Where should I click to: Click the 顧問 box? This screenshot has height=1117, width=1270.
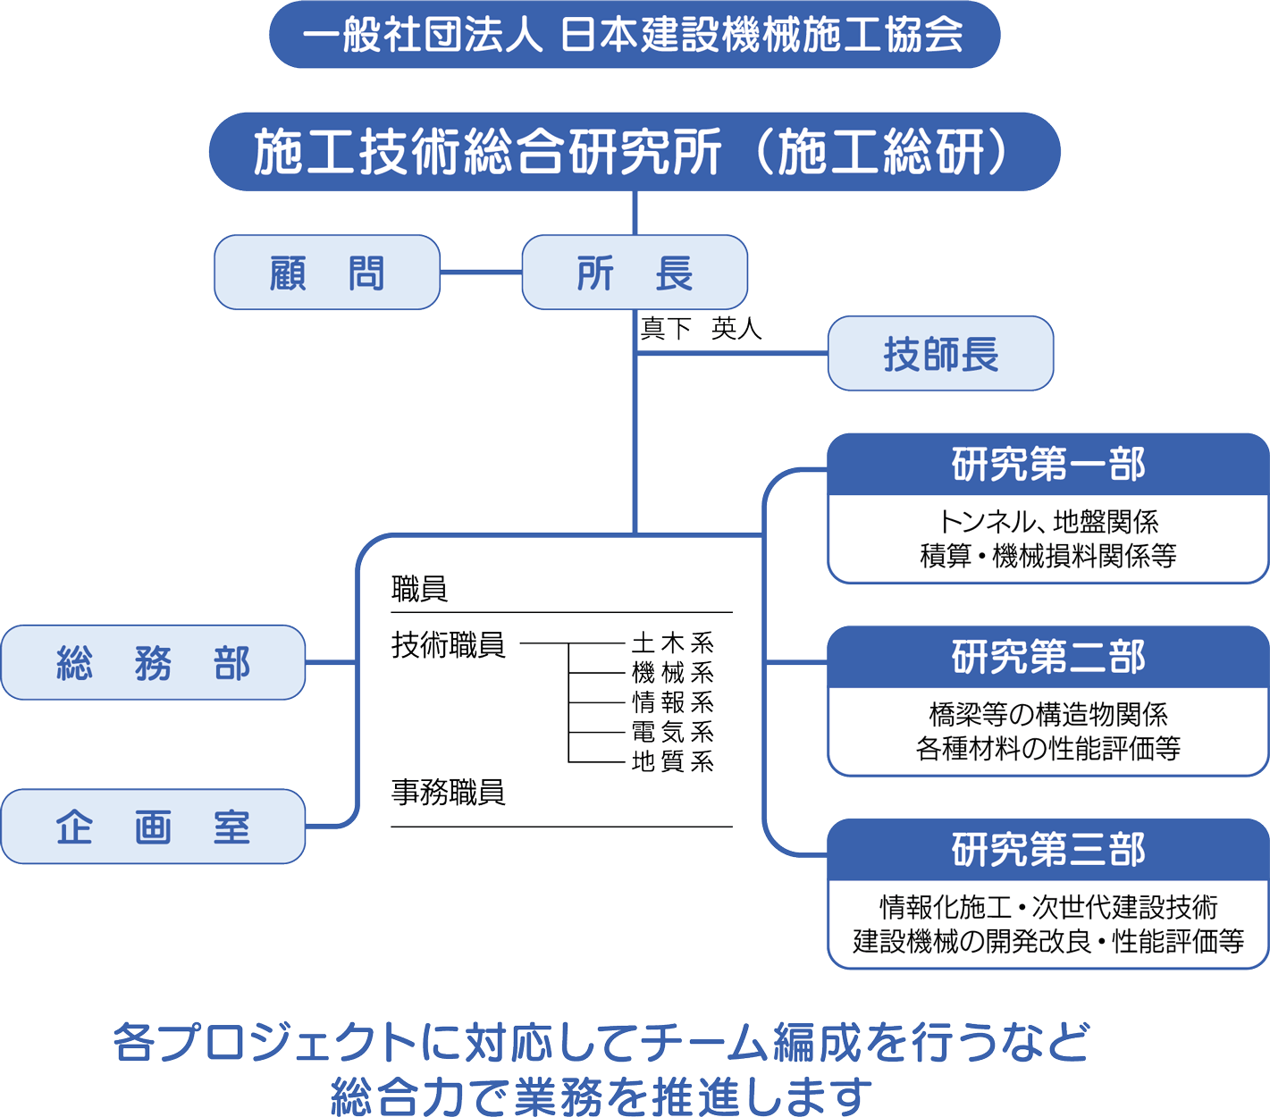[327, 273]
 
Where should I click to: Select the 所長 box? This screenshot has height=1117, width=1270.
[635, 273]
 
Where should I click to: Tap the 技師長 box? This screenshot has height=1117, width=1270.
[940, 354]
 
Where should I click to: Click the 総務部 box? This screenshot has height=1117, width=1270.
[153, 663]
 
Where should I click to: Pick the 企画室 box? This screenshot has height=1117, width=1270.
[153, 827]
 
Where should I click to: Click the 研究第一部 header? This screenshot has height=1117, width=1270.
[1047, 466]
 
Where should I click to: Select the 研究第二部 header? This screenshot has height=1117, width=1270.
[1047, 658]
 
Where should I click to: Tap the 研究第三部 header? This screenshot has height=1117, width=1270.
[1047, 850]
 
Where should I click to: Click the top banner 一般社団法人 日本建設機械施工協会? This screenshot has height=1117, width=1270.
[635, 35]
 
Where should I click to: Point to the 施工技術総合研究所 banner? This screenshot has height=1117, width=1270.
[635, 152]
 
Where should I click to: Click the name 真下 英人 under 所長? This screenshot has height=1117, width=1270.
[701, 329]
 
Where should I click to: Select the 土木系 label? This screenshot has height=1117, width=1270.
[672, 642]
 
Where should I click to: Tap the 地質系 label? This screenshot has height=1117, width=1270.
[672, 761]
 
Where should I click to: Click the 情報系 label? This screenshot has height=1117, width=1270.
[672, 701]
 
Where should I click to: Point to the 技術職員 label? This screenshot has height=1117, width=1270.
[449, 644]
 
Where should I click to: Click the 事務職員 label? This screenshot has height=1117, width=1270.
[449, 792]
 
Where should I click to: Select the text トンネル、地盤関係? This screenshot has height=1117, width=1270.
[1047, 522]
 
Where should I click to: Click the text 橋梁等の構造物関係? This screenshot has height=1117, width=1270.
[1047, 714]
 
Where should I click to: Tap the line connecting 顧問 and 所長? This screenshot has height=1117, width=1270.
[481, 273]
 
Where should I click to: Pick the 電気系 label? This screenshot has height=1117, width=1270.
[672, 732]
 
